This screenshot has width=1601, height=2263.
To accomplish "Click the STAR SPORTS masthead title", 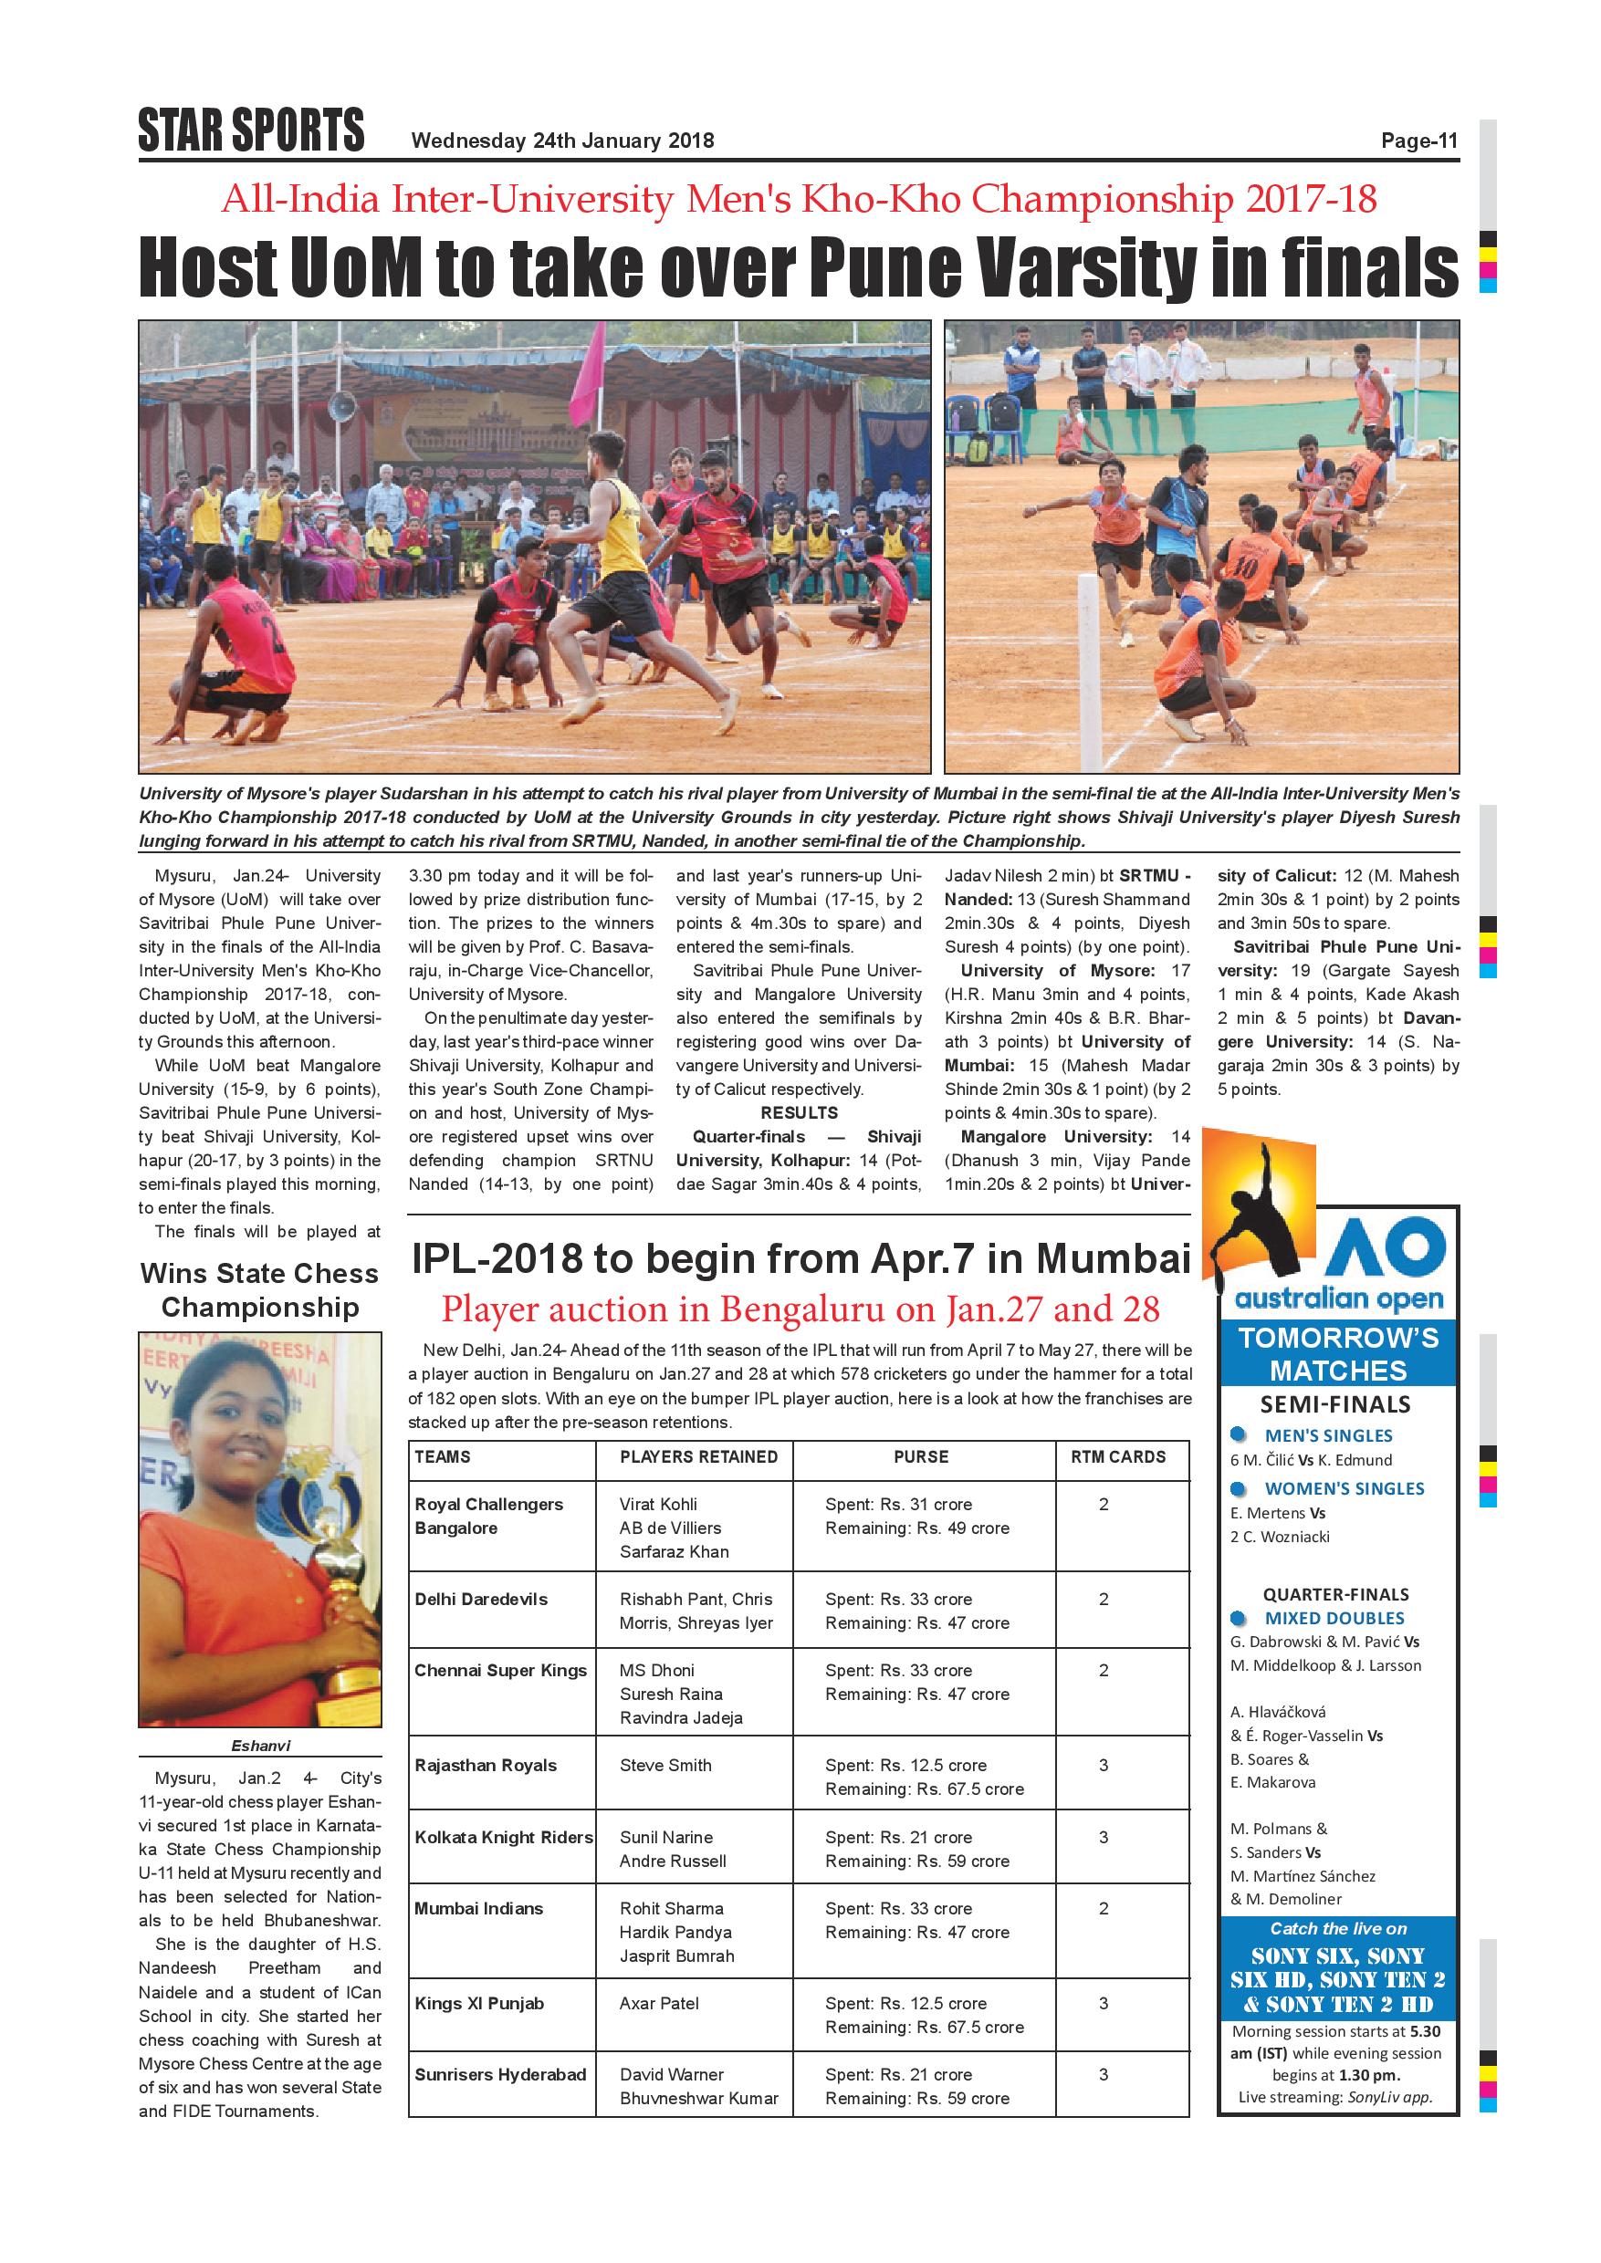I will [251, 131].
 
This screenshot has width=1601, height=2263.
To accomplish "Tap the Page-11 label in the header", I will [1418, 141].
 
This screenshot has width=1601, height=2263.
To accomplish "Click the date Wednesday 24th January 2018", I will [562, 141].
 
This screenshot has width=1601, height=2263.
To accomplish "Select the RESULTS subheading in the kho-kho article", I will [799, 1112].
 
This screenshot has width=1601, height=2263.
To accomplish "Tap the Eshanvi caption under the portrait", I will [260, 1746].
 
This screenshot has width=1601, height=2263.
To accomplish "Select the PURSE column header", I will [921, 1456].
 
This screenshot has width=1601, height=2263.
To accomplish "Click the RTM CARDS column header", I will [1118, 1456].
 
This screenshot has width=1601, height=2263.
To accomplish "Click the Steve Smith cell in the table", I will [665, 1766].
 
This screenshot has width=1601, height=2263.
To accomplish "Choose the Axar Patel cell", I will [658, 2004].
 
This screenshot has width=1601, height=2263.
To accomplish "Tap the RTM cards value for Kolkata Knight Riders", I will [1104, 1837].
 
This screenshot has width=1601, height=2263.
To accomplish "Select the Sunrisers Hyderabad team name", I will [500, 2075].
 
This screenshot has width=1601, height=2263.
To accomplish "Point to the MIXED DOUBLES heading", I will [1334, 1619].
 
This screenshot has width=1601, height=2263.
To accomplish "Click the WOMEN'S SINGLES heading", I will [1344, 1488].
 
